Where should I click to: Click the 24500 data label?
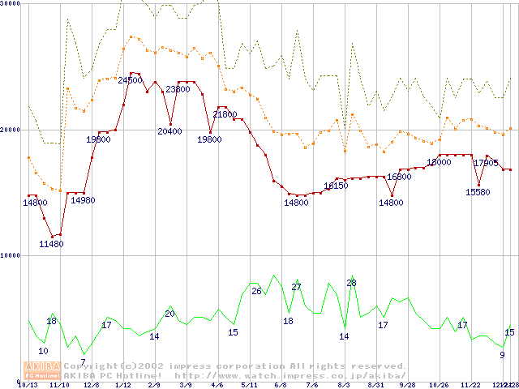[x=130, y=80]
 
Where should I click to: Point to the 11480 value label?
[x=51, y=244]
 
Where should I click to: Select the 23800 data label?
[x=178, y=89]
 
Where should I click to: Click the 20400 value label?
[x=169, y=131]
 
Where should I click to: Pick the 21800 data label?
[x=225, y=115]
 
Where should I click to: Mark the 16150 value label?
[x=336, y=186]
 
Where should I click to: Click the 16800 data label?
[x=399, y=177]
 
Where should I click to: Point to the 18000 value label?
[x=439, y=162]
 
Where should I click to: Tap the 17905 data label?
[x=485, y=163]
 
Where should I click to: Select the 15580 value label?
[x=478, y=192]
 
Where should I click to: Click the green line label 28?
[x=351, y=283]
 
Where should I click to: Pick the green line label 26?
[x=256, y=291]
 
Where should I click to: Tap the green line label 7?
[x=83, y=362]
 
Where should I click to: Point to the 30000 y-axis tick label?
[x=11, y=4]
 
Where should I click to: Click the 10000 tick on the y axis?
[x=11, y=255]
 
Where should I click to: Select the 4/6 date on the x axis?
[x=217, y=385]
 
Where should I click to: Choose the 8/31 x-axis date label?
[x=375, y=385]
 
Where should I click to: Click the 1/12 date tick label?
[x=122, y=385]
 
